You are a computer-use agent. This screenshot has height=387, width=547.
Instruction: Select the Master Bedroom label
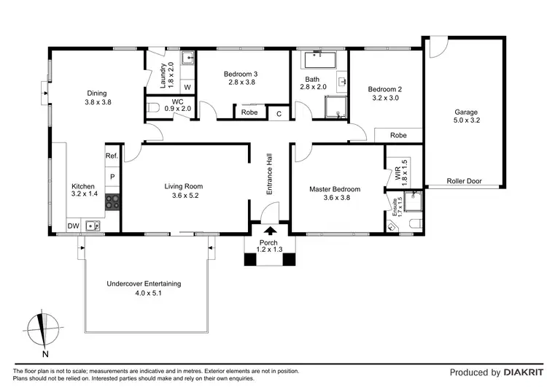click(x=335, y=189)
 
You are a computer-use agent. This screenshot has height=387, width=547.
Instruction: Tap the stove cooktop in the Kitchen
click(x=113, y=202)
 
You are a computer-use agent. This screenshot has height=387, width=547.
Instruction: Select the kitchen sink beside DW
click(x=93, y=226)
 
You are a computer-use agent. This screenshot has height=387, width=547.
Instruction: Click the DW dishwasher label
click(x=74, y=226)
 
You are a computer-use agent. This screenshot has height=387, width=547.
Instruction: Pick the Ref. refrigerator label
click(x=112, y=156)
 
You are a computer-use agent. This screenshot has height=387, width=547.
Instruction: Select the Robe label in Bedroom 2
click(x=398, y=136)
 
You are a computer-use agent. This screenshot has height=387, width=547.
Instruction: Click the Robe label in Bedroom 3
click(x=249, y=113)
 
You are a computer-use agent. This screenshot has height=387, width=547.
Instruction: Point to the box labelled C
click(x=278, y=113)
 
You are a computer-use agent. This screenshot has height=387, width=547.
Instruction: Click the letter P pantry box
click(x=112, y=177)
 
